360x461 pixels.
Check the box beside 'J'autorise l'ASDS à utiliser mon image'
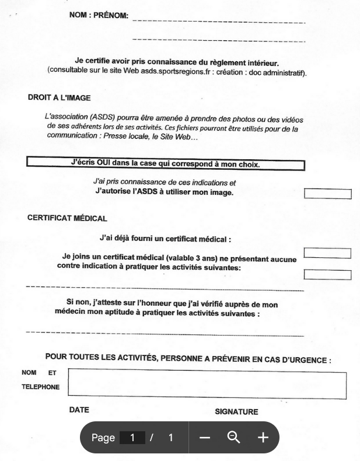point(328,194)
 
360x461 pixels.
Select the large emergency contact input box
point(207,385)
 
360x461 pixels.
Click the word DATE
point(79,410)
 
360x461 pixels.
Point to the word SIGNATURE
point(236,412)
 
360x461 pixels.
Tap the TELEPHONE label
point(41,386)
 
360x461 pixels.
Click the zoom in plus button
point(263,437)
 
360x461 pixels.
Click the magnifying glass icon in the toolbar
point(234,437)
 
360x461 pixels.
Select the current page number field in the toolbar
point(132,438)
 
